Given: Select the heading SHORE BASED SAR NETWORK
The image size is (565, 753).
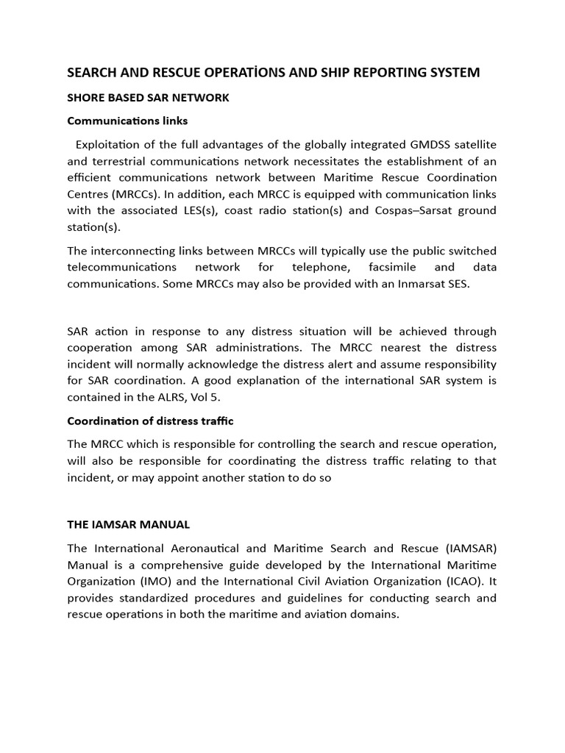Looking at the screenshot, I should pos(148,98).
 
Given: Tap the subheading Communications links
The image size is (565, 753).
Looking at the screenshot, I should pos(127,121).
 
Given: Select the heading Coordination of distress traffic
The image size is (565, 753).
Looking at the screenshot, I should pos(150,421).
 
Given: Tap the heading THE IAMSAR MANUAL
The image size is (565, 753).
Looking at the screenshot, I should pos(128,524).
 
